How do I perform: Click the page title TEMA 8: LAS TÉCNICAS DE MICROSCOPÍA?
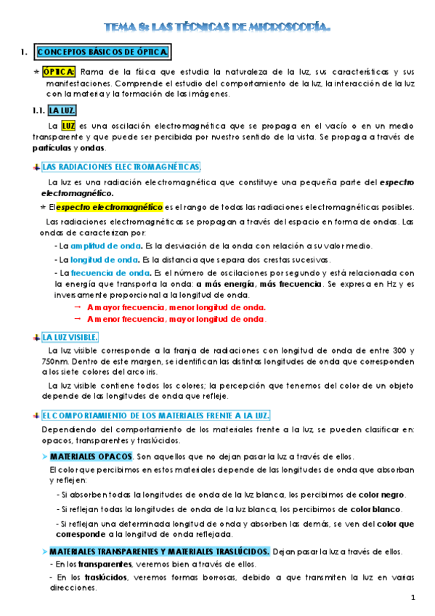tap(218, 28)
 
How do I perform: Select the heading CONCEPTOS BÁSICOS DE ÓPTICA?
tap(102, 53)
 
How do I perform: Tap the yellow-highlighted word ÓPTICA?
tap(58, 72)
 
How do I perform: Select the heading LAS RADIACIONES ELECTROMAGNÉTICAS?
tap(121, 166)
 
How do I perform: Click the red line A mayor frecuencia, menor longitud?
tap(176, 307)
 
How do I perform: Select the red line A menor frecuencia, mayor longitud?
tap(176, 319)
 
